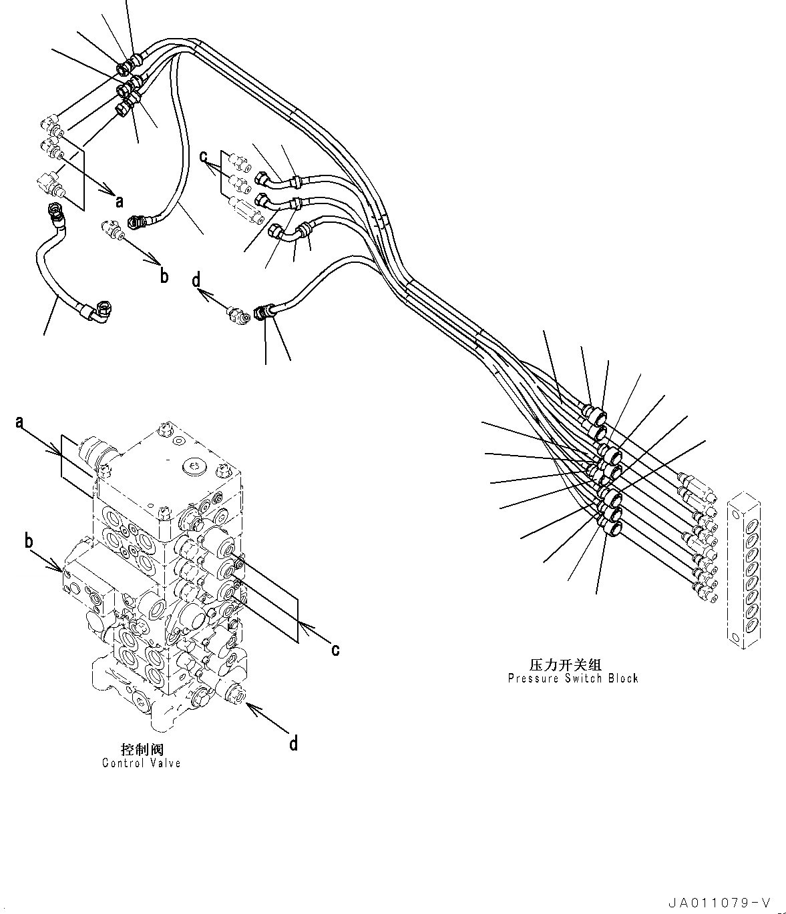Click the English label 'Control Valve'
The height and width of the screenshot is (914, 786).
[x=141, y=763]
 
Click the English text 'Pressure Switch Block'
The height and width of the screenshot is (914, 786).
[x=572, y=678]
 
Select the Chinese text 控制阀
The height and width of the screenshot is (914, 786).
[x=142, y=750]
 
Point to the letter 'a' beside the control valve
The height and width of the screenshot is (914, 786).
[x=20, y=422]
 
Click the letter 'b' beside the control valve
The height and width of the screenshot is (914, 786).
[x=29, y=541]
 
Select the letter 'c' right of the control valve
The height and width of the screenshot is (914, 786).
[x=336, y=648]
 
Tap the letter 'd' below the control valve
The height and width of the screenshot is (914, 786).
[x=293, y=743]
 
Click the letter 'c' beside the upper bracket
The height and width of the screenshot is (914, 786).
[x=203, y=157]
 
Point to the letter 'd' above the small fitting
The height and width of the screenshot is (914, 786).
[x=196, y=281]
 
